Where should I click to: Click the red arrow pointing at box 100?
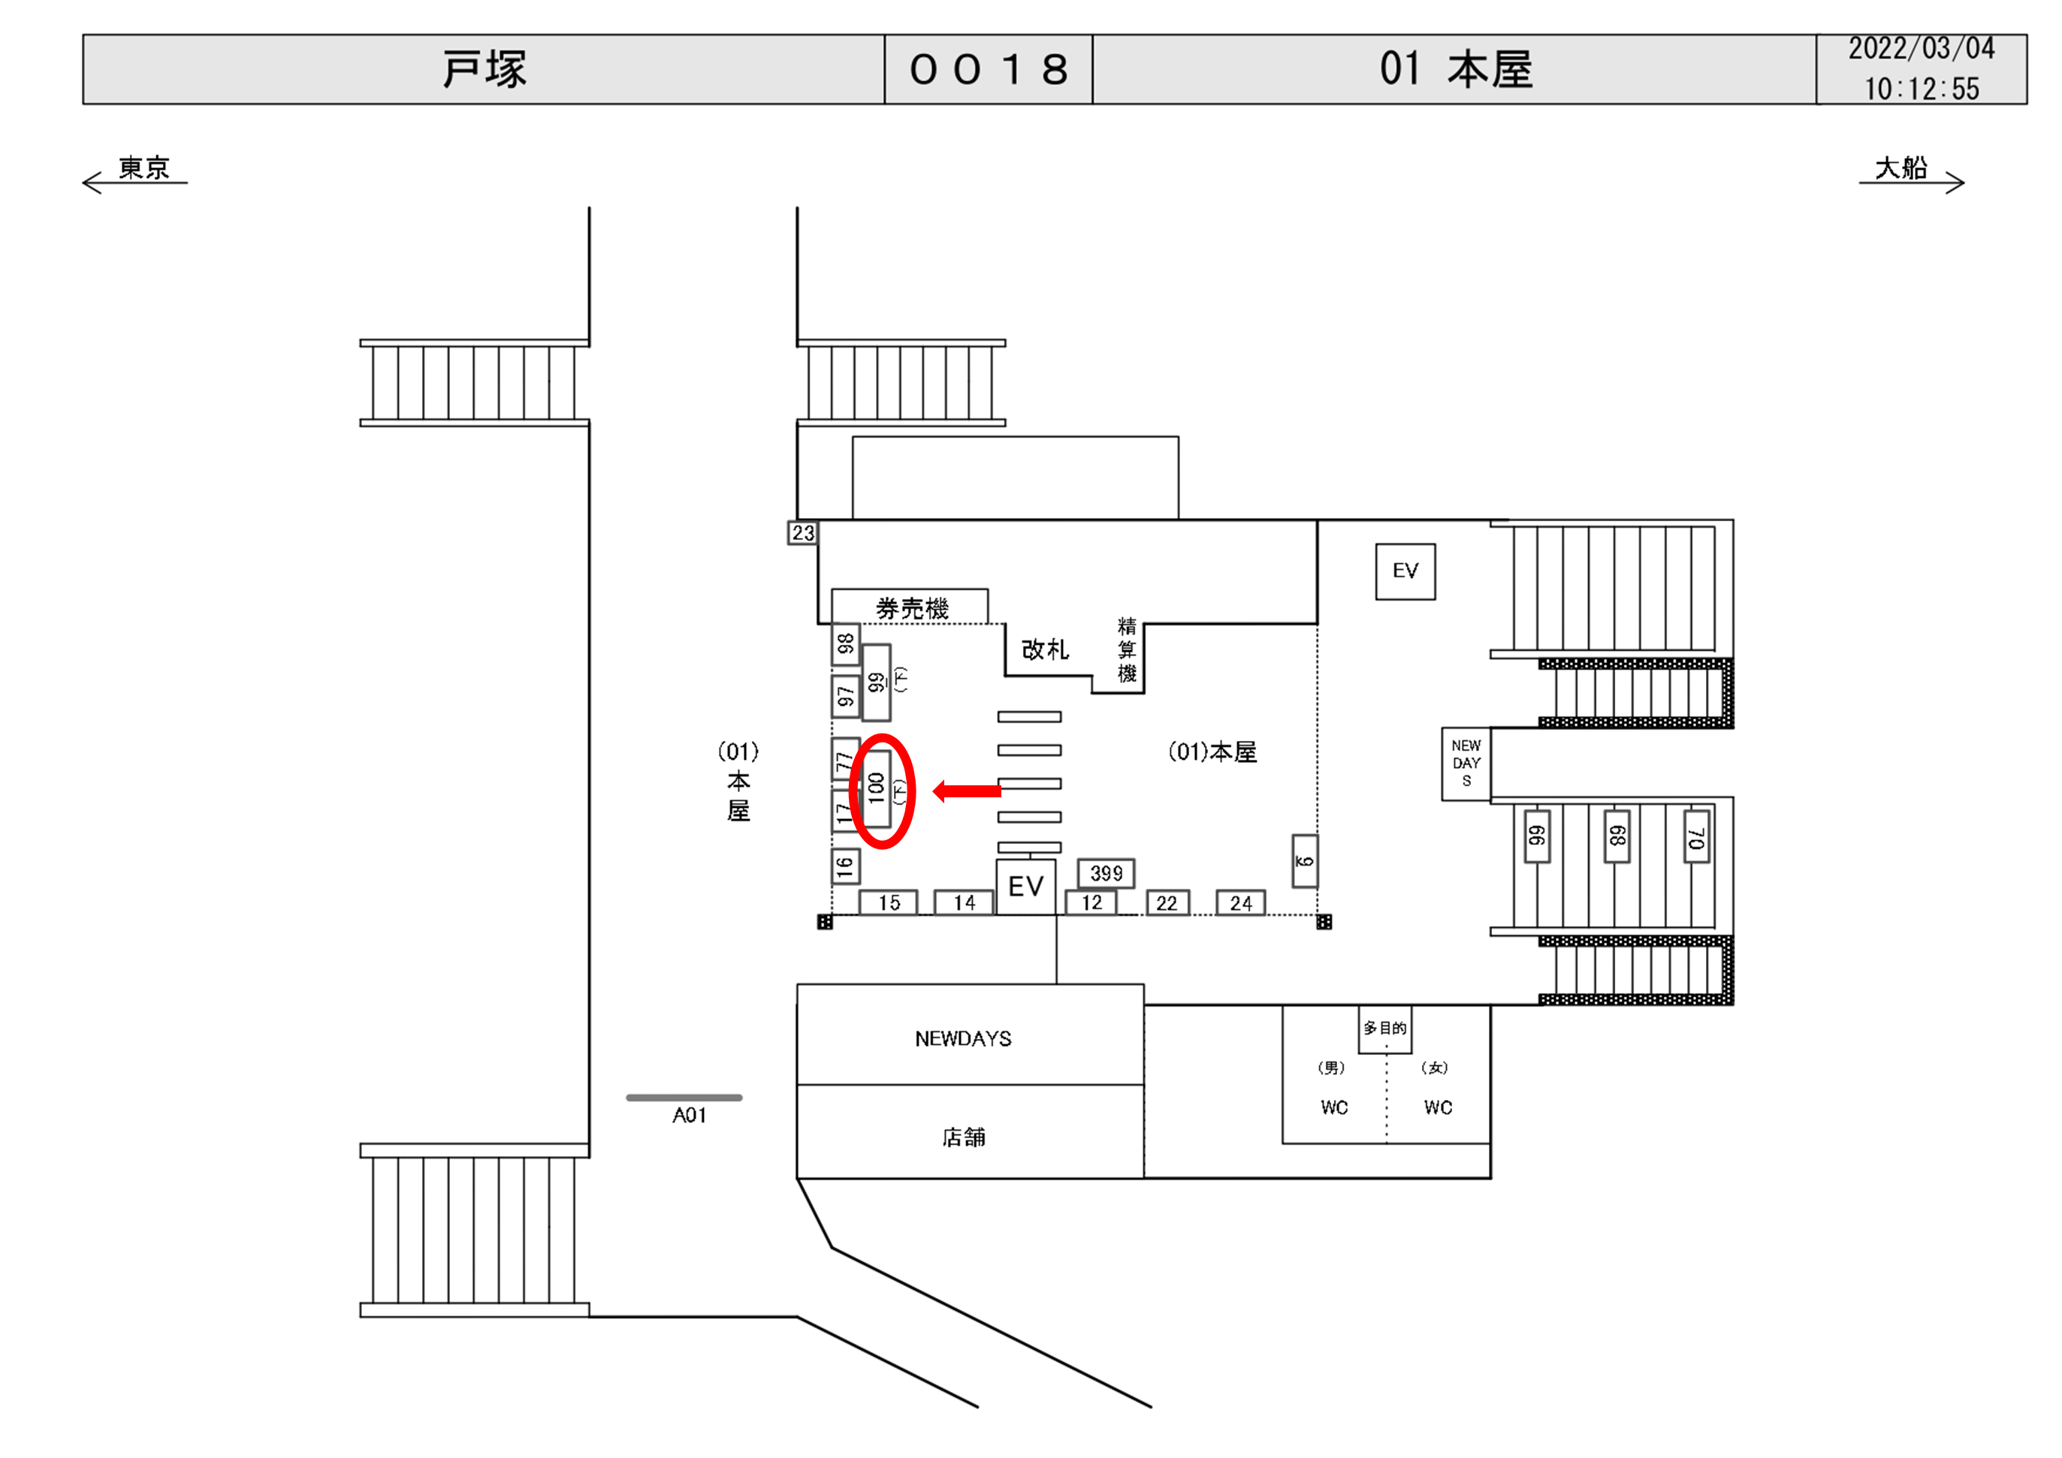(968, 791)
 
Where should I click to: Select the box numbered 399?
(1106, 872)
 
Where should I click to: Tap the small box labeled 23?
(802, 533)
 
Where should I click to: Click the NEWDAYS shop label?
(963, 1039)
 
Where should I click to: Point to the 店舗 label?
(963, 1137)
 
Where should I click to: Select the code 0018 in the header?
(988, 70)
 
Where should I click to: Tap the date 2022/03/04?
(1921, 50)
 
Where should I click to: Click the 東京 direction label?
(143, 168)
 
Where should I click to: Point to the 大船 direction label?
(1900, 168)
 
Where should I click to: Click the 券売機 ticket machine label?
(911, 609)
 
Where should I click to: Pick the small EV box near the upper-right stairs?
(1405, 571)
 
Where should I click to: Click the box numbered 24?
(1240, 903)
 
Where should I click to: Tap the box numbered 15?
(888, 903)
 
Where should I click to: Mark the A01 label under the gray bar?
(689, 1115)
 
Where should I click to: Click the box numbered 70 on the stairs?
(1695, 836)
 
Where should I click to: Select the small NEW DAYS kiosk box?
(1466, 763)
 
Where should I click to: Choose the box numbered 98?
(845, 643)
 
